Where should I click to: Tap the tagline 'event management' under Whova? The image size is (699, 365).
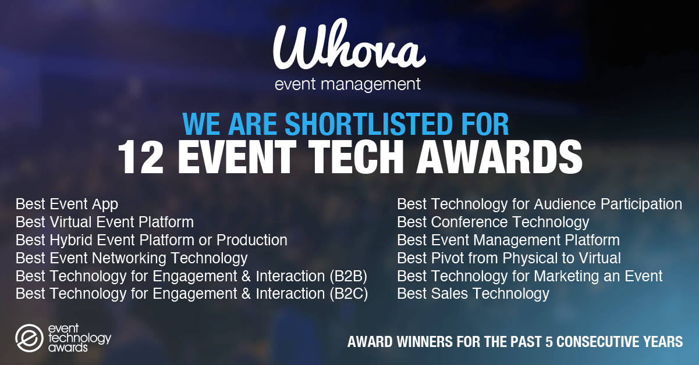(348, 84)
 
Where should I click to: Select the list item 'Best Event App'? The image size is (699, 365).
(67, 204)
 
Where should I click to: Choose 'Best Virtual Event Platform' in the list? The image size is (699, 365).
(105, 222)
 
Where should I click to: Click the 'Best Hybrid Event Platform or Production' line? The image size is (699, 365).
(151, 240)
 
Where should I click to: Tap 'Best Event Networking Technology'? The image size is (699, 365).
(132, 257)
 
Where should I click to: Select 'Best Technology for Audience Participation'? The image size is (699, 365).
(540, 204)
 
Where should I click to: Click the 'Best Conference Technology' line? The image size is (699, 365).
(493, 222)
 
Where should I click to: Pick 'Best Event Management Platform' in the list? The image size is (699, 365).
(508, 240)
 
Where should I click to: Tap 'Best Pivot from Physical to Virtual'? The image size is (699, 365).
(509, 257)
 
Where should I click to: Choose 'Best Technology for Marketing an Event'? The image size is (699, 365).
(530, 275)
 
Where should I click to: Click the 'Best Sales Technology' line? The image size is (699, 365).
(473, 294)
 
